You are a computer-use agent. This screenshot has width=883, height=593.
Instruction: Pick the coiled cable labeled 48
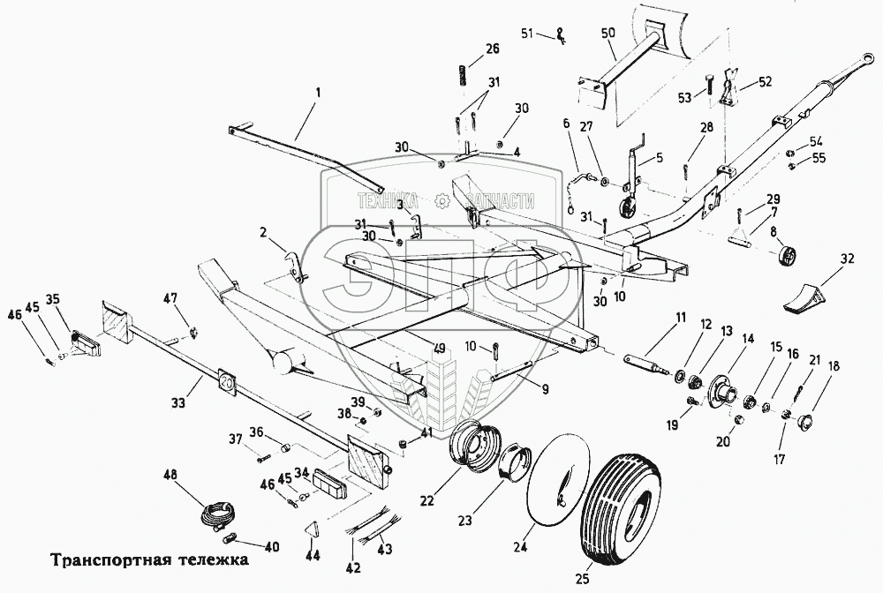pos(218,513)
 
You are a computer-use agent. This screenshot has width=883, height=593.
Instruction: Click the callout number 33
pos(178,403)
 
